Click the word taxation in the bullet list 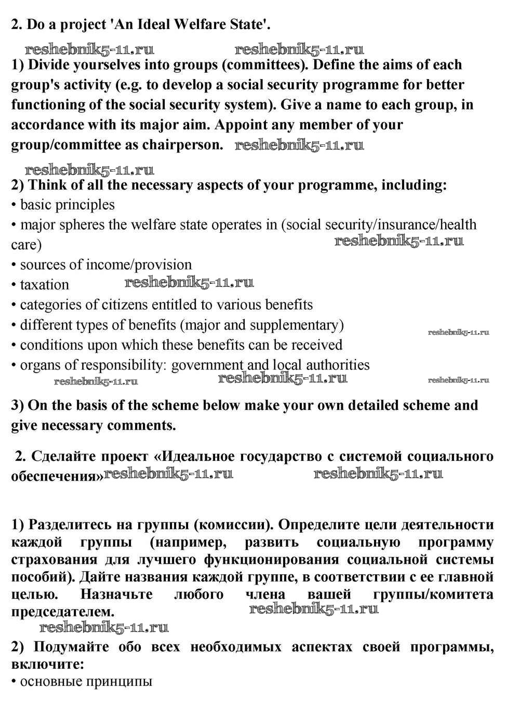pos(44,285)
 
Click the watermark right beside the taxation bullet pos(189,283)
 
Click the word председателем pos(62,612)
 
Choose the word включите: pos(48,664)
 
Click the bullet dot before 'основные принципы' pos(14,682)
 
